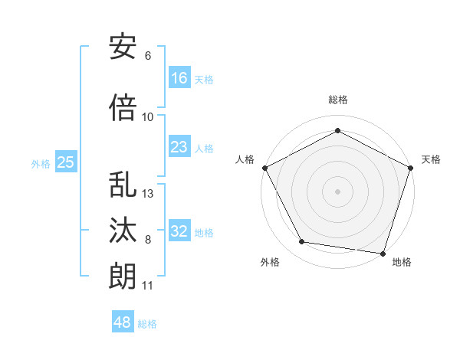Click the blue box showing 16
coord(179,78)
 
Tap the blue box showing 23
coord(179,148)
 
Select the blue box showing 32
coord(179,232)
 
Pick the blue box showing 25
coord(65,162)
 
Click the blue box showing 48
coord(123,322)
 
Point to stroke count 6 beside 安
coord(148,56)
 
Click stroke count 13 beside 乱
coord(149,194)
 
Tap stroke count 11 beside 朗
coord(148,286)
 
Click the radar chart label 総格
coord(338,100)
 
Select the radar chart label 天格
coord(432,159)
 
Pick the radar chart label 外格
coord(270,262)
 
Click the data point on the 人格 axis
coord(264,167)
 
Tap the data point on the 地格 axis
coord(383,253)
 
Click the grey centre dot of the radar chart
coord(338,191)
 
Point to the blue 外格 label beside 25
coord(40,163)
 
